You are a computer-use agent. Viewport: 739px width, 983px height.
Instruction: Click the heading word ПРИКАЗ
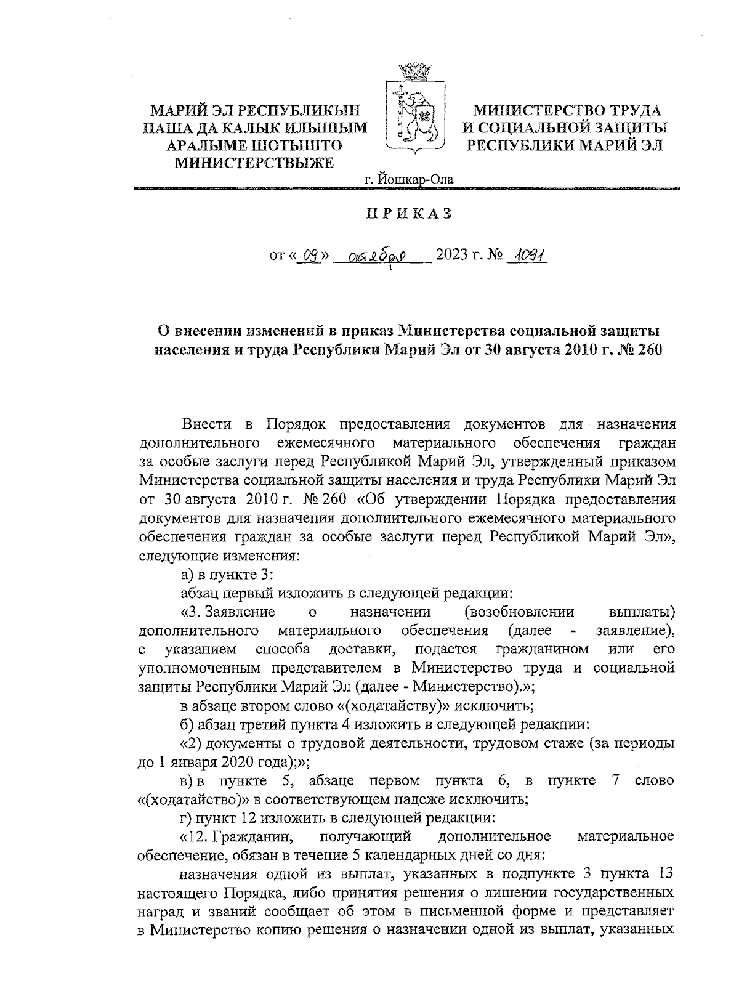click(x=410, y=214)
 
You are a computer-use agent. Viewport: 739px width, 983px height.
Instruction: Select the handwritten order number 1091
click(x=528, y=255)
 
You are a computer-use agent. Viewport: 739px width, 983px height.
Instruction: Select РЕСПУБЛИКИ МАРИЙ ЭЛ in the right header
click(x=565, y=145)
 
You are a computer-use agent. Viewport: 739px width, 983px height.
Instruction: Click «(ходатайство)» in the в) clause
click(x=188, y=799)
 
